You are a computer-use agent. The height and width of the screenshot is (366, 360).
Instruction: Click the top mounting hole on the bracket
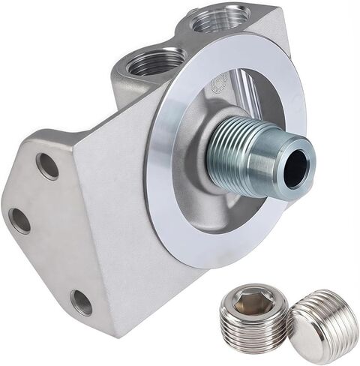pos(47,166)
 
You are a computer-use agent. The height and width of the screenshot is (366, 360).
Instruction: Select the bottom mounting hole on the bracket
pos(81,302)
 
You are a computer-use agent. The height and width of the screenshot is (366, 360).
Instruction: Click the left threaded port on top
pos(157,62)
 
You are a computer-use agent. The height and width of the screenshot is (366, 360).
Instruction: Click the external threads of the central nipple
pos(232,154)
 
